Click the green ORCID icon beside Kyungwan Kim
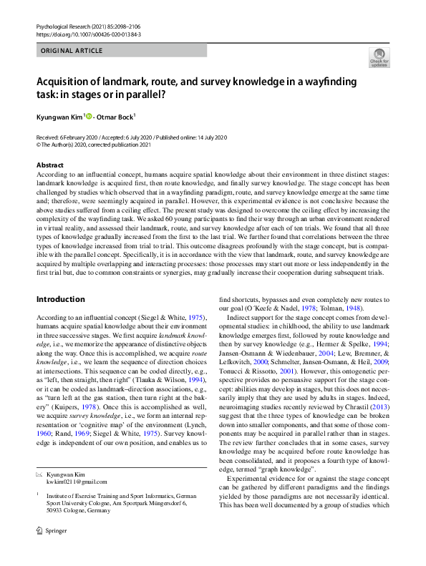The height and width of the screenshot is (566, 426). pyautogui.click(x=89, y=115)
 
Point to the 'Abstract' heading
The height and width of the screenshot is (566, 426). pyautogui.click(x=49, y=165)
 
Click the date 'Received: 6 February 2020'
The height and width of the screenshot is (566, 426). pyautogui.click(x=68, y=137)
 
